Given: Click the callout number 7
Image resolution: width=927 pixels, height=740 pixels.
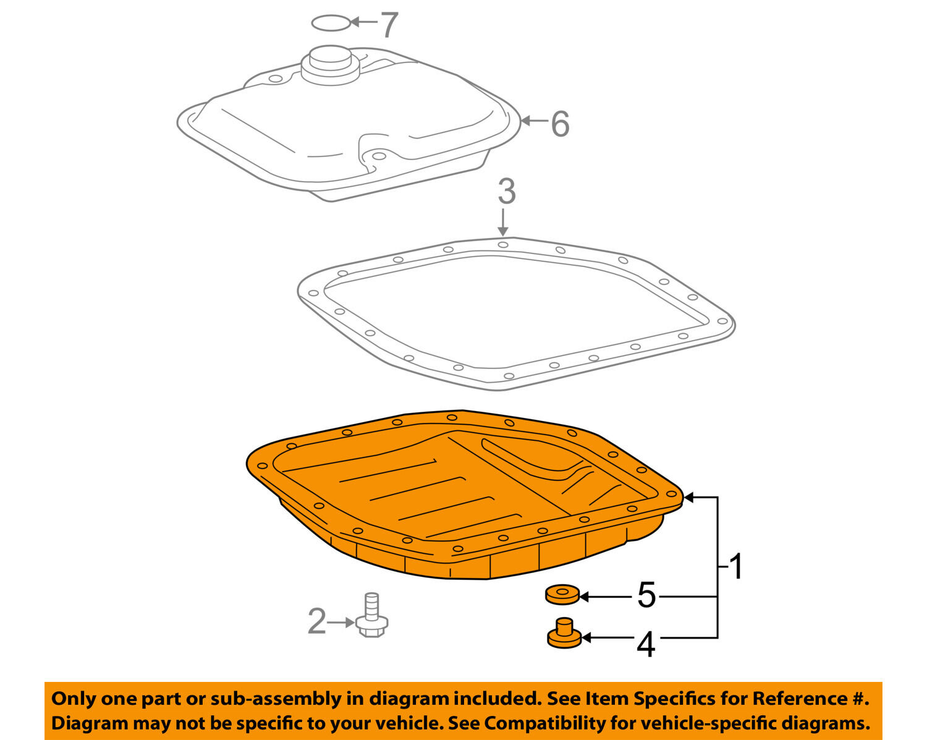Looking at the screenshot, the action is (389, 24).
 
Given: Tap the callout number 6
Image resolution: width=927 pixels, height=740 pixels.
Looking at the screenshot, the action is (560, 124).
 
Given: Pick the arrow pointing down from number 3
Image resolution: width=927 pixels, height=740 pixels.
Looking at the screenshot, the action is (502, 223).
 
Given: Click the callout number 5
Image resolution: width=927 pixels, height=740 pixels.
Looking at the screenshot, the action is (646, 595).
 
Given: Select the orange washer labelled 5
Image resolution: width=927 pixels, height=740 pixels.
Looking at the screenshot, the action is (562, 595).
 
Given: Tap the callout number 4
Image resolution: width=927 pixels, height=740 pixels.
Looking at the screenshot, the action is (646, 645).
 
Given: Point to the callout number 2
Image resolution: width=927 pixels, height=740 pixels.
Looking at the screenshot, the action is (317, 621).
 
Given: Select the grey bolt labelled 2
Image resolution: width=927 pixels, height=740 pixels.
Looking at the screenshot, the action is (372, 615).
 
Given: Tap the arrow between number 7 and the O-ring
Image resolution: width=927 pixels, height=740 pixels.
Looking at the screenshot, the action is (364, 22).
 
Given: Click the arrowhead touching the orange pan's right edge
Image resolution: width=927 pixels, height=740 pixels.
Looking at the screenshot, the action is (688, 498).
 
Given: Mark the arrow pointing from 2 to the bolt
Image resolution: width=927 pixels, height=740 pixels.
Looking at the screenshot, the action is (341, 623).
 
